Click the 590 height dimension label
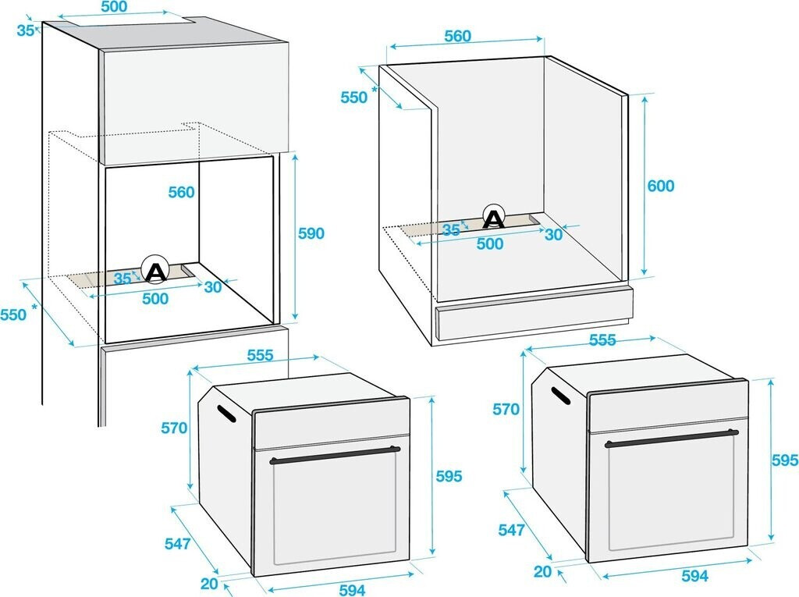click(x=311, y=233)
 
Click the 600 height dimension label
click(x=660, y=186)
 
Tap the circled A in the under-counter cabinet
click(x=493, y=217)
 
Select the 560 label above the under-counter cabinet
click(x=457, y=36)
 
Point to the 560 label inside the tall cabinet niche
click(x=181, y=192)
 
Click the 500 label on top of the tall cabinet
click(x=114, y=6)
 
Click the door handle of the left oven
click(x=335, y=454)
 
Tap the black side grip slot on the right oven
click(x=560, y=396)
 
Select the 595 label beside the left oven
click(x=449, y=476)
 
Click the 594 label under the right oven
click(x=694, y=576)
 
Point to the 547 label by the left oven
click(x=177, y=543)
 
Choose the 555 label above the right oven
click(x=602, y=340)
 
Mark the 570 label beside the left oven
click(x=174, y=428)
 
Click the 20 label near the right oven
click(x=543, y=571)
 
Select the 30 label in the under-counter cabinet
click(x=553, y=235)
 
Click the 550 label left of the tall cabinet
click(x=13, y=314)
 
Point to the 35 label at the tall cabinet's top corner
click(x=26, y=30)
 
